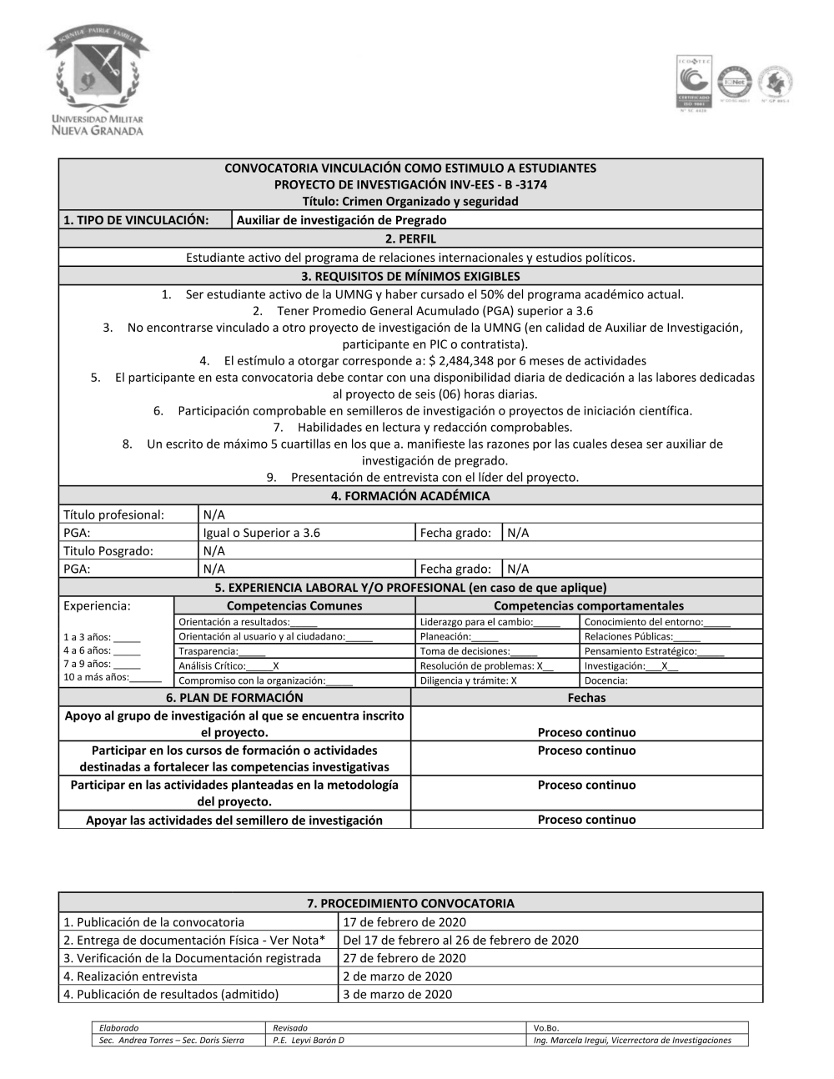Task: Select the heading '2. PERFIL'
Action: (410, 238)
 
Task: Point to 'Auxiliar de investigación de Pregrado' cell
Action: (341, 220)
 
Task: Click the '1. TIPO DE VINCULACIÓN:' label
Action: (136, 220)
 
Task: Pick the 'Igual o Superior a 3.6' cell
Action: (262, 533)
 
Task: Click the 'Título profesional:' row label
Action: (114, 514)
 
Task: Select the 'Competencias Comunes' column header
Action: (294, 606)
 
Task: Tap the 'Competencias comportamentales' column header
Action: (588, 606)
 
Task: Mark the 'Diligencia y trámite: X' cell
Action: (469, 680)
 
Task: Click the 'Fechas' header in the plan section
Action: (586, 698)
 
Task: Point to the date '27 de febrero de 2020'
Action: (404, 958)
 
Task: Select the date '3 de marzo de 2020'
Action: (398, 994)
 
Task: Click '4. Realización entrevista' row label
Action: (131, 976)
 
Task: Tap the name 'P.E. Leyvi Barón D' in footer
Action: (309, 1041)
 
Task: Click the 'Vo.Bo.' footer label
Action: (546, 1028)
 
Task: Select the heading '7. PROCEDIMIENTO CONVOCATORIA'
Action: (410, 903)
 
